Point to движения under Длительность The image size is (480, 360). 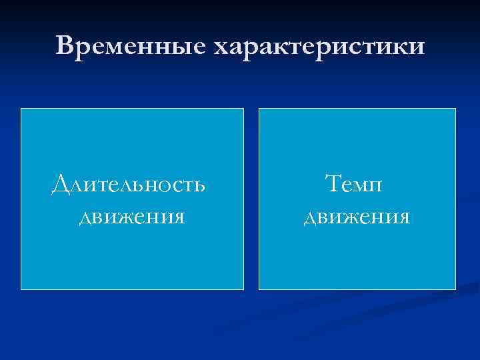click(131, 217)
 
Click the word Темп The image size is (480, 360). click(353, 183)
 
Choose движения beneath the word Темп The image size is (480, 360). click(356, 217)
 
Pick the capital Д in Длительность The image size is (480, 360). click(61, 183)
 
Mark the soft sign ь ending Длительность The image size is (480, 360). click(199, 185)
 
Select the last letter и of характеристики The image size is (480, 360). click(416, 48)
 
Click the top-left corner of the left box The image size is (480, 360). click(21, 109)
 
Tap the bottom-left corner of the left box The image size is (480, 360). click(21, 289)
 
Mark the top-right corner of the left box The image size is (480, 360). click(243, 109)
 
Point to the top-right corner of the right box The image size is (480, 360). click(455, 109)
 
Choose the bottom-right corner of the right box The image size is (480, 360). click(455, 289)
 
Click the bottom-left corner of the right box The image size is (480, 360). click(259, 289)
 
